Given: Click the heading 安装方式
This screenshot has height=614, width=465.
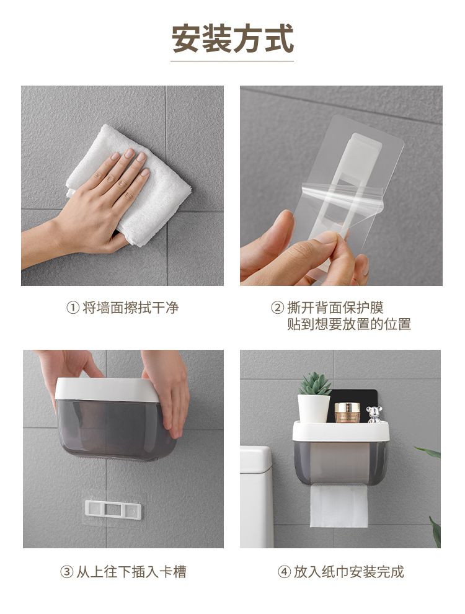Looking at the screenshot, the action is pos(232,39).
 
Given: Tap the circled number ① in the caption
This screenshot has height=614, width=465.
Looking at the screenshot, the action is pos(73,308).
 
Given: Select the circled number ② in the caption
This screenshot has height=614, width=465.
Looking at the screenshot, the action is pos(277,308).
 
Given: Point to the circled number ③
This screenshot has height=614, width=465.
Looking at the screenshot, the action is pos(66,572).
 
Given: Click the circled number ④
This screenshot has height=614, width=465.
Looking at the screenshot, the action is pos(284,572).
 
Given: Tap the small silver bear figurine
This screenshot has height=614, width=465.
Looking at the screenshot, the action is pos(374,415).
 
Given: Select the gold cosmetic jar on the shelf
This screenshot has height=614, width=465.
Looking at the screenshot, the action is pos(347,412).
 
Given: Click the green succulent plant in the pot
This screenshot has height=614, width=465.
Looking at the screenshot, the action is pos(315,384).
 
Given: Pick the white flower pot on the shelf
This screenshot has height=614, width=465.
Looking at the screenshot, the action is pos(314,409).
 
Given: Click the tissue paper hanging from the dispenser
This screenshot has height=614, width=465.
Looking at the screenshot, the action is pos(339,506).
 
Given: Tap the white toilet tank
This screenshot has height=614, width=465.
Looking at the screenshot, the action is pos(256,497).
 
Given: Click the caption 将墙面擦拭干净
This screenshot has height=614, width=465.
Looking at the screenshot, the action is pos(131,308).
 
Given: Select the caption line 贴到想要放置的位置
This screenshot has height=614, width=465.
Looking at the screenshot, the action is pos(349,324).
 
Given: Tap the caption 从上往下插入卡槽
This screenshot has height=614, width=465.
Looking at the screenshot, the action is pos(131,572).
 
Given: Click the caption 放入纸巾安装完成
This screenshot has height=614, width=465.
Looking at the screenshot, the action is pos(348,572).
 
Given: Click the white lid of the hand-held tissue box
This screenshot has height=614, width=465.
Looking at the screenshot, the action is pos(107,389).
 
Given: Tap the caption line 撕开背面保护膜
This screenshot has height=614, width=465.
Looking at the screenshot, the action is pos(335,308).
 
